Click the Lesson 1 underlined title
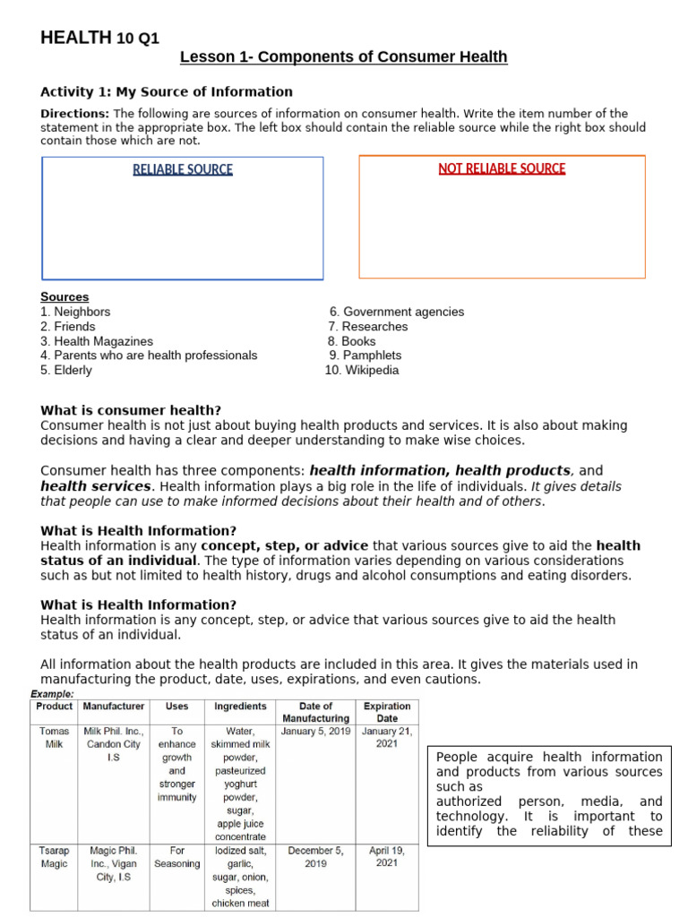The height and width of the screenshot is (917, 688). (x=343, y=57)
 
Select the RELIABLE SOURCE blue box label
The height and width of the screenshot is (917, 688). (x=183, y=169)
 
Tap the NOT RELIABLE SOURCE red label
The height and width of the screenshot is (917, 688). (x=502, y=168)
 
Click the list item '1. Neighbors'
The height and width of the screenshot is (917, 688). (x=75, y=312)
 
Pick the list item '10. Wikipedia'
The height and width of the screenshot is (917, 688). (x=362, y=370)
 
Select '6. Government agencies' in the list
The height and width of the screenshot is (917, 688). (x=396, y=312)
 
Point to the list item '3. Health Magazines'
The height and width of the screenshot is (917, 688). (x=97, y=341)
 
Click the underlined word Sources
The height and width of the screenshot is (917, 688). (x=64, y=297)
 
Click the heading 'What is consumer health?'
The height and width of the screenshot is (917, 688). (x=131, y=411)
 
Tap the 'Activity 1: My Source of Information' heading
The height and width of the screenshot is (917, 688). (x=167, y=91)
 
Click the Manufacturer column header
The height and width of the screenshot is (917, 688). (x=114, y=707)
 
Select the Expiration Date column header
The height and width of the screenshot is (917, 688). (x=387, y=712)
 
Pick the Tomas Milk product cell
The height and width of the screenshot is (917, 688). (x=55, y=738)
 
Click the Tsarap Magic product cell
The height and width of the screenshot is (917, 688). (x=55, y=858)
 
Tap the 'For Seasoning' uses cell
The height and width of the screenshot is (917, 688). (x=177, y=858)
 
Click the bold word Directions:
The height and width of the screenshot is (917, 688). (x=75, y=114)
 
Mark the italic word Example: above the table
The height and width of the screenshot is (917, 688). (x=52, y=694)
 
